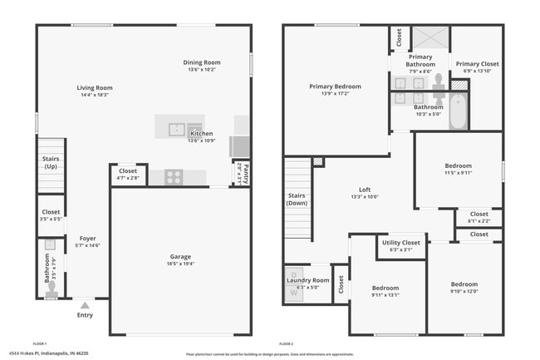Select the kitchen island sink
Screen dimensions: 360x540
(176, 128)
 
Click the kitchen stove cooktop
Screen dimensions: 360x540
(174, 176)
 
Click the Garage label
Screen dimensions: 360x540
(180, 256)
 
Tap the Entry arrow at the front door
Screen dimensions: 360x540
(84, 305)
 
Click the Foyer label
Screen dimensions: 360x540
(87, 239)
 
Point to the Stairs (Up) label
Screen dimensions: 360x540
(50, 162)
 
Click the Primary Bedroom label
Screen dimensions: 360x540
(335, 86)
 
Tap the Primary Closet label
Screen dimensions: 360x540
(477, 64)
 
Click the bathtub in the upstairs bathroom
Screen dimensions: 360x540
(458, 113)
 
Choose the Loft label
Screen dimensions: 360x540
(364, 189)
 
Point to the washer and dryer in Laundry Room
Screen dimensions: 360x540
(295, 281)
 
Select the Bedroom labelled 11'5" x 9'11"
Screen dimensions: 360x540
(458, 165)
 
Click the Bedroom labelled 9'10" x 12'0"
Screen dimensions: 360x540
(464, 284)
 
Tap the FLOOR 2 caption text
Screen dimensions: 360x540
(287, 343)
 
